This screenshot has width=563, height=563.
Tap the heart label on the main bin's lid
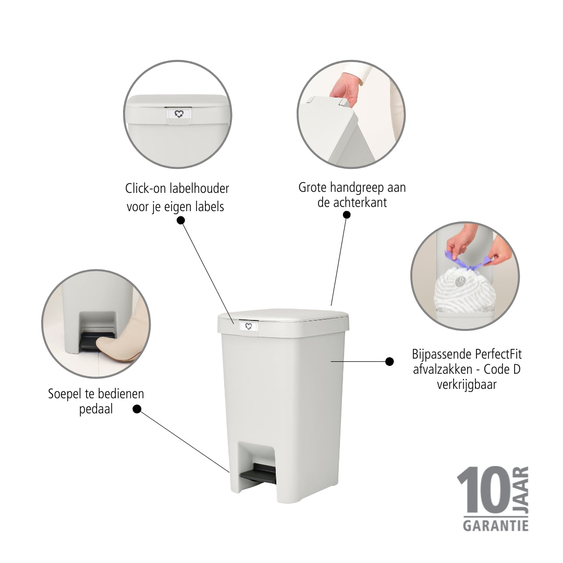click(249, 326)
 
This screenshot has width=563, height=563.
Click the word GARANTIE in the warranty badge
click(496, 525)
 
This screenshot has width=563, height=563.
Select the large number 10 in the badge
click(483, 489)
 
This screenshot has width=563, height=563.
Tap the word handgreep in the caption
click(357, 188)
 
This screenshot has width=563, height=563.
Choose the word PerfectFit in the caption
click(498, 354)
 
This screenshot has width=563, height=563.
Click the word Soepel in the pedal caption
click(65, 394)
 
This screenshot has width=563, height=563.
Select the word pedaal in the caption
click(96, 409)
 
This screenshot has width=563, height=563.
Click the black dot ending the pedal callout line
click(137, 409)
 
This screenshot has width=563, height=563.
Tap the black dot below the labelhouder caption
click(181, 220)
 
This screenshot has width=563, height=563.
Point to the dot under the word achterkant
click(347, 215)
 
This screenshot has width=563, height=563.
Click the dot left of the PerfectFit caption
click(389, 361)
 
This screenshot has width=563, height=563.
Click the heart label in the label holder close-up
click(179, 114)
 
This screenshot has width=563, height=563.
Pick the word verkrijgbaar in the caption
click(467, 385)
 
